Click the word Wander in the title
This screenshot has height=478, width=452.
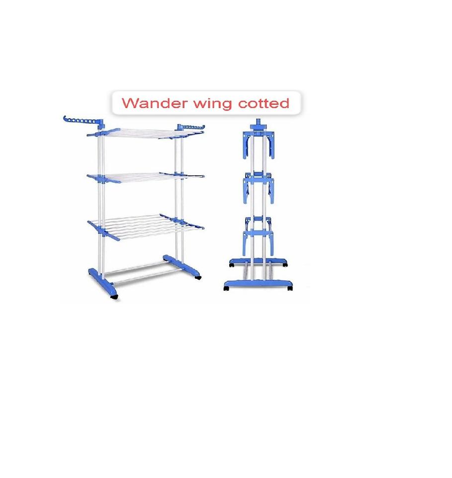coord(154,103)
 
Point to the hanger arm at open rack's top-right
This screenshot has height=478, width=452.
coord(190,128)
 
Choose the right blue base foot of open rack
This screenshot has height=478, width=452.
coord(182,266)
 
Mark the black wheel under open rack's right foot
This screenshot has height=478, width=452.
coord(198,277)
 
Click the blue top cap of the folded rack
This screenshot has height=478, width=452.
coord(258,124)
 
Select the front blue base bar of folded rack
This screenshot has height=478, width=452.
coord(258,284)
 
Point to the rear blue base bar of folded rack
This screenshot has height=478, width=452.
coord(258,262)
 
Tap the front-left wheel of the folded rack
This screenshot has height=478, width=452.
coord(226,288)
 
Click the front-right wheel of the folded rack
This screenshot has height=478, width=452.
coord(289,288)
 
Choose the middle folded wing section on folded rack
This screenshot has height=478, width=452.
coord(258,189)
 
